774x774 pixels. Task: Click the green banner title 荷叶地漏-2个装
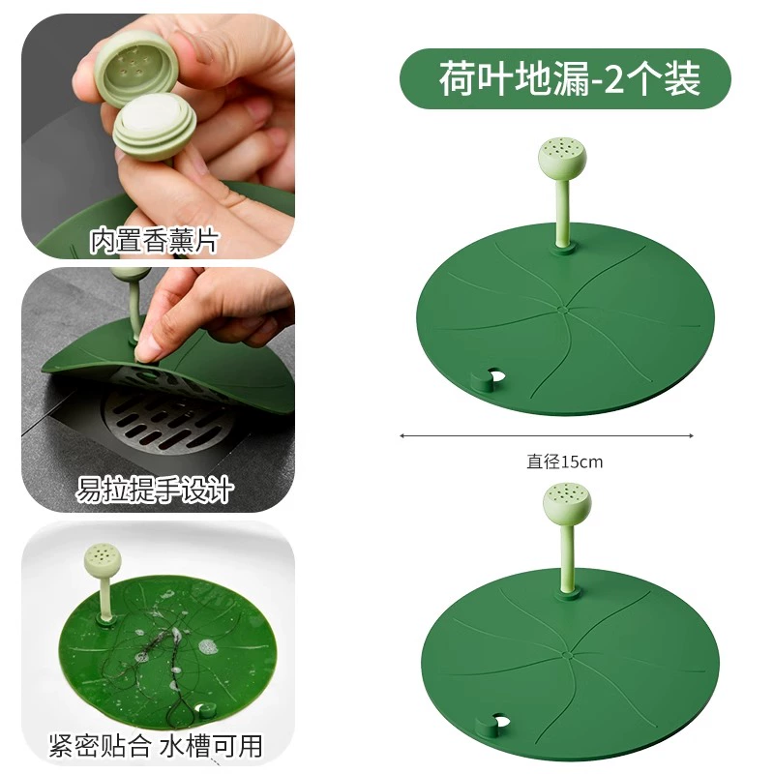(569, 79)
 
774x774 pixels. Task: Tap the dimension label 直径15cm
(565, 462)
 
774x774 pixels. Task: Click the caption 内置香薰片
(154, 240)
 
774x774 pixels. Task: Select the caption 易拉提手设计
(154, 490)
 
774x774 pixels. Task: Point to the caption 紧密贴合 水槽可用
(156, 745)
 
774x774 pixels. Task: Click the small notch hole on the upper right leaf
(494, 375)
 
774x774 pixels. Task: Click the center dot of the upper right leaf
(562, 310)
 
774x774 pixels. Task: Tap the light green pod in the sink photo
(103, 561)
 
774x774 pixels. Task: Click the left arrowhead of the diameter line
(402, 436)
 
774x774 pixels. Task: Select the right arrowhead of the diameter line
(691, 436)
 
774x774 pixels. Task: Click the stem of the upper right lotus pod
(563, 212)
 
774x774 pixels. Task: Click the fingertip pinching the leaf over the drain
(144, 350)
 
